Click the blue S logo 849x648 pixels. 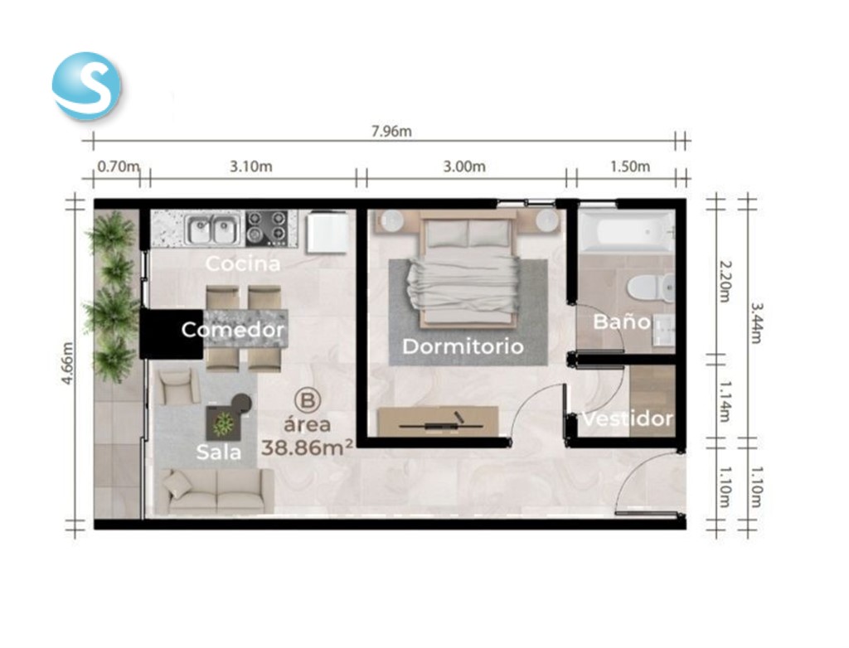[86, 85]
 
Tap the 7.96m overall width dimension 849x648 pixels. [391, 132]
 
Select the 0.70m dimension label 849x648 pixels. [118, 167]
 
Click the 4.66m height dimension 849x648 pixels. [67, 363]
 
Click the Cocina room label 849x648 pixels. [243, 264]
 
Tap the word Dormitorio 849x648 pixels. [463, 346]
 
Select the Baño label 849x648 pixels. [622, 321]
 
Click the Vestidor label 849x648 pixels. [628, 418]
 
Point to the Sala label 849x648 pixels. [218, 452]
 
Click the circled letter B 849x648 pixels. [308, 400]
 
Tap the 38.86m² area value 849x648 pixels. [308, 447]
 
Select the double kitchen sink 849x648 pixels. [213, 230]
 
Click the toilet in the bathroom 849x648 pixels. [651, 287]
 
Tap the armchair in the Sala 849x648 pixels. [178, 386]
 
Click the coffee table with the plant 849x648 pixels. [222, 423]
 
